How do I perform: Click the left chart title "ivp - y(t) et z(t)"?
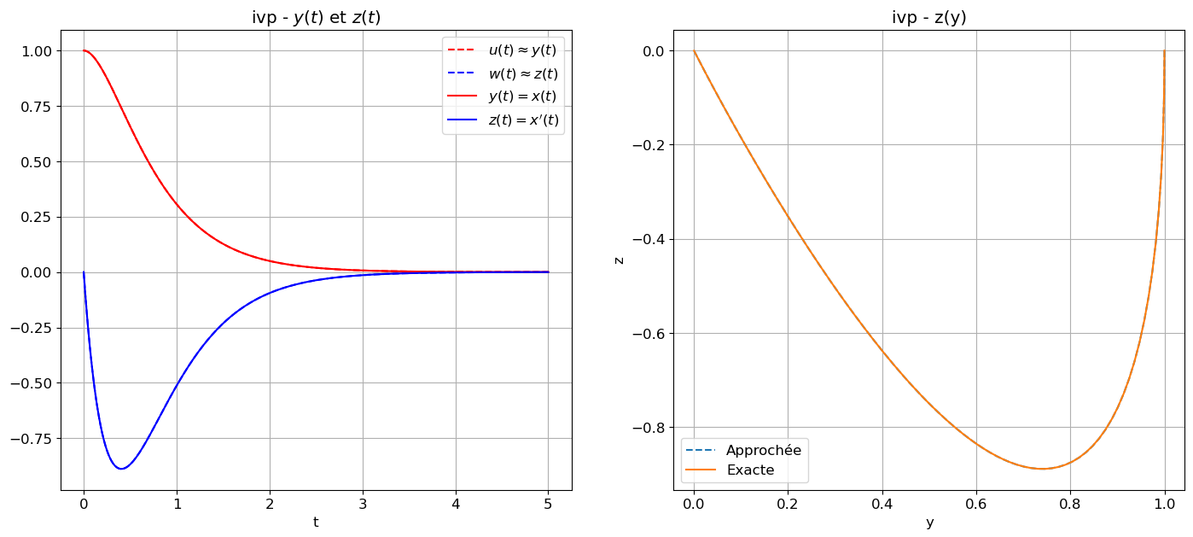tap(316, 18)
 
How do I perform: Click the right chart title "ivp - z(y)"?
tap(929, 18)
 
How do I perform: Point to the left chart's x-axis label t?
tap(316, 522)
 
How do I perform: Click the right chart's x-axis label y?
tap(929, 522)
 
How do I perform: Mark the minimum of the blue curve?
tap(121, 469)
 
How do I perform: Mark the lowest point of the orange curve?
tap(1043, 469)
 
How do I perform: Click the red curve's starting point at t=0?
tap(84, 50)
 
